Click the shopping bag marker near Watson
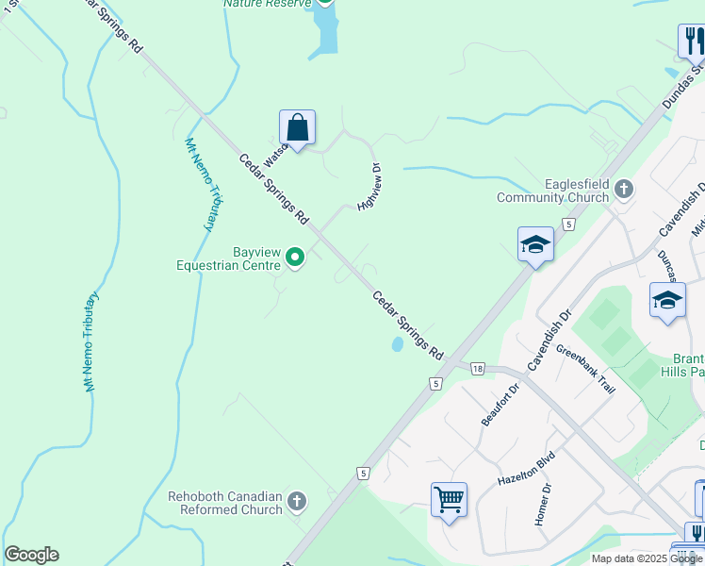[297, 127]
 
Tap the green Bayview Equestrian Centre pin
[295, 257]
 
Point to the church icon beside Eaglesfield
[622, 191]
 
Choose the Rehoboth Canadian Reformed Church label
[225, 503]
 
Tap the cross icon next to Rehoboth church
[297, 502]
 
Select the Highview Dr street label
[369, 187]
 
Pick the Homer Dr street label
[542, 505]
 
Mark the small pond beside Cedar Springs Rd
[398, 345]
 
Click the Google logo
[31, 555]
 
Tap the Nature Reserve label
[268, 4]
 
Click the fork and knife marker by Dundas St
[693, 42]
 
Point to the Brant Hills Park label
[688, 365]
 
